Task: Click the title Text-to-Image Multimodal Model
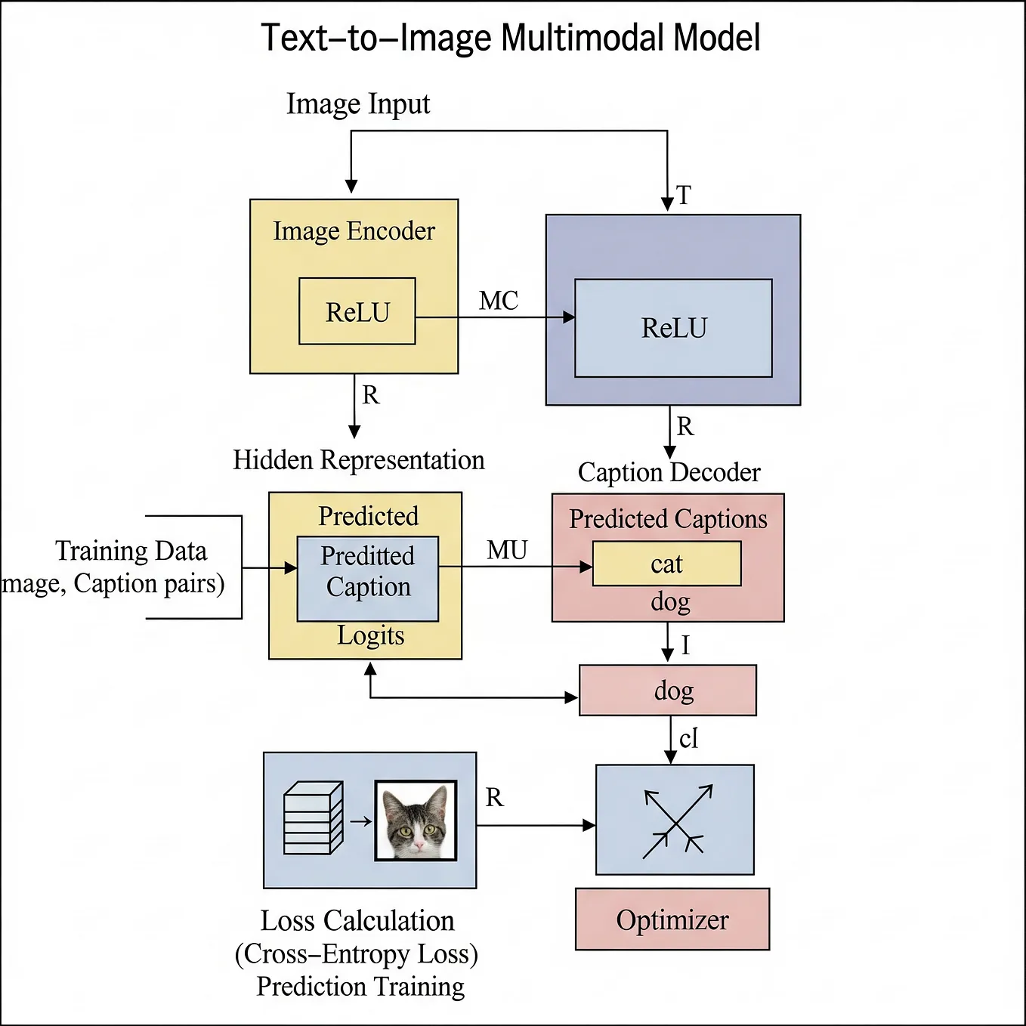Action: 511,38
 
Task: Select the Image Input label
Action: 357,104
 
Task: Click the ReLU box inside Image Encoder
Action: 357,311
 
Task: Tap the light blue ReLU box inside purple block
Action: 673,328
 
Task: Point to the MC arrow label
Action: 499,301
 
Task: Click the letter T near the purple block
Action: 684,196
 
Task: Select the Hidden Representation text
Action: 358,459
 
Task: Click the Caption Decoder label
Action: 669,472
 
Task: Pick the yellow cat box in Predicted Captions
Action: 666,564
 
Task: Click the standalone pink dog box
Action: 668,691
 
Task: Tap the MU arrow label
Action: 507,550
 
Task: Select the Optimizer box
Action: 672,919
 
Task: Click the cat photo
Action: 416,821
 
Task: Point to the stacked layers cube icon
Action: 313,818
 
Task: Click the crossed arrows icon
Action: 675,820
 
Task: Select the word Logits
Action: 370,635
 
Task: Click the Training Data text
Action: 131,551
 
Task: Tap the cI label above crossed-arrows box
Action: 688,738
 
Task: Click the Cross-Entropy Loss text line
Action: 357,954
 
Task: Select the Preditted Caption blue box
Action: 368,579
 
